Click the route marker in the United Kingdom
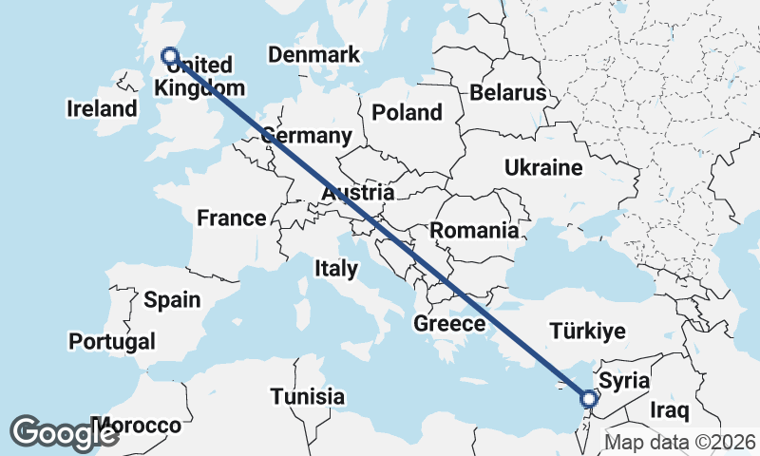click(170, 56)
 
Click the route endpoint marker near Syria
click(589, 399)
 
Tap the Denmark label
click(313, 54)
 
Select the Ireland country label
click(102, 108)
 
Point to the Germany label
click(307, 135)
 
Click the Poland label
click(407, 112)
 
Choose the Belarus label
click(508, 92)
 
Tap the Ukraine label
click(542, 168)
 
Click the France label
click(232, 218)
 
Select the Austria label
click(357, 194)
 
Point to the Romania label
click(474, 230)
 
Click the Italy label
click(336, 269)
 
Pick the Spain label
click(172, 300)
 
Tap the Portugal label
click(112, 340)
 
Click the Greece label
click(449, 324)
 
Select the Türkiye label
click(587, 332)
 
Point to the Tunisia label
click(307, 396)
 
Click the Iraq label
click(668, 409)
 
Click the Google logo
click(65, 432)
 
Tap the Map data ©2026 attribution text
click(679, 443)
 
